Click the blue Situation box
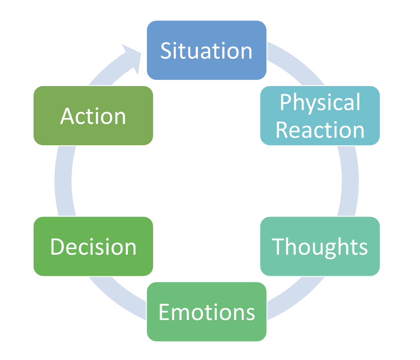tap(207, 50)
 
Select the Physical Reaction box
tap(320, 115)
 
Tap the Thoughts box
tap(320, 246)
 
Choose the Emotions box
tap(207, 312)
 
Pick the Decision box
tap(93, 246)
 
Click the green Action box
tap(93, 115)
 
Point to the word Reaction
tap(320, 130)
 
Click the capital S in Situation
tap(166, 50)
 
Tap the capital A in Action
tap(67, 116)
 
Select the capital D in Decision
tap(57, 247)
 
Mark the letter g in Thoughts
tap(330, 251)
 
